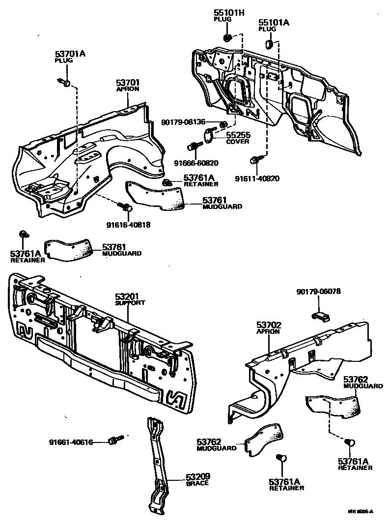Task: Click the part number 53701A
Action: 70,54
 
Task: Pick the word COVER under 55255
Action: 237,142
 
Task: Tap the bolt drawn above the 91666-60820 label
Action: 194,146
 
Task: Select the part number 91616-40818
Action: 128,225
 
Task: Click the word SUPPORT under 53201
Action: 130,303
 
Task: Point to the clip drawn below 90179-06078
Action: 320,316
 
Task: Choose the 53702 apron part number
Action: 268,325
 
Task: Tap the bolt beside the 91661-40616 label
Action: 114,440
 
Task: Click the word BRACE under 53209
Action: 197,483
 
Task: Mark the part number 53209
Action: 198,476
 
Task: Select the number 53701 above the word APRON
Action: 128,83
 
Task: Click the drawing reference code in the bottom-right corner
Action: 361,512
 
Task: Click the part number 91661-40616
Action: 71,441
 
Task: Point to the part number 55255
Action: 238,135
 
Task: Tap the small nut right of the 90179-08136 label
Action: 222,123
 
